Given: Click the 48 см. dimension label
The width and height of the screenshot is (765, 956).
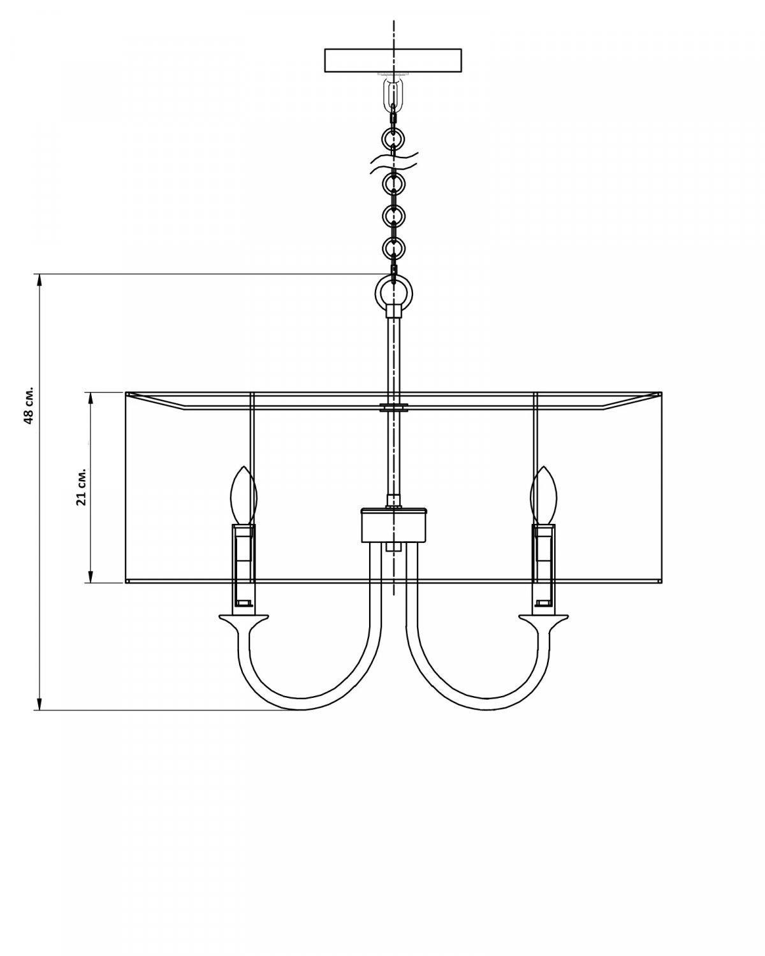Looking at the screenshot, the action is (x=29, y=405).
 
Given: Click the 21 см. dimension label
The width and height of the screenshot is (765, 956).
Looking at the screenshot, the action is (x=82, y=486).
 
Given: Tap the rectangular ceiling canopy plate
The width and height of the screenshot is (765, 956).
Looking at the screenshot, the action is (x=393, y=61).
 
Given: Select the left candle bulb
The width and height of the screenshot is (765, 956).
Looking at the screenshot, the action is (x=244, y=495).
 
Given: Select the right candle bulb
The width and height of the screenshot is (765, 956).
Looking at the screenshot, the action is (x=543, y=495).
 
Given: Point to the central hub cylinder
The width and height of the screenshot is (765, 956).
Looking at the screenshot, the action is (x=394, y=526).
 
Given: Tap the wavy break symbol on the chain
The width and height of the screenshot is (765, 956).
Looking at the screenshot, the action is (x=394, y=163).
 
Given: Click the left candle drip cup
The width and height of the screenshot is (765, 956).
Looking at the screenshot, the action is (x=244, y=619).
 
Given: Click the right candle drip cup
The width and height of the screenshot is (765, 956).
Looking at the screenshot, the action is (x=544, y=619).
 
